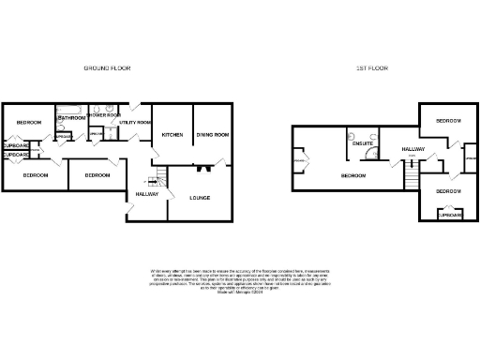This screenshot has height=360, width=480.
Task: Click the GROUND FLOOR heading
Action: pyautogui.click(x=108, y=68)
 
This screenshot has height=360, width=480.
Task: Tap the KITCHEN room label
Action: pyautogui.click(x=172, y=135)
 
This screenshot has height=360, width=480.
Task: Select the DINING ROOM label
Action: pyautogui.click(x=213, y=135)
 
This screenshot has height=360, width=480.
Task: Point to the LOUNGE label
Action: pyautogui.click(x=199, y=198)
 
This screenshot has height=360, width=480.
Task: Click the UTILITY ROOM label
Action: pyautogui.click(x=129, y=123)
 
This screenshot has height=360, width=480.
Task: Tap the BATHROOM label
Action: pyautogui.click(x=72, y=118)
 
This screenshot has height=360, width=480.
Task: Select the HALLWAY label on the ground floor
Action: pyautogui.click(x=146, y=193)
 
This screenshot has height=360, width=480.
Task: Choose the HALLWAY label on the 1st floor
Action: pyautogui.click(x=413, y=149)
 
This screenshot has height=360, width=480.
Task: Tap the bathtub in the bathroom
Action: pyautogui.click(x=72, y=111)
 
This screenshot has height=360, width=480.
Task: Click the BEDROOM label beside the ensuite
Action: pyautogui.click(x=353, y=175)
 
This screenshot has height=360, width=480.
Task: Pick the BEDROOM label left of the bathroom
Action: pyautogui.click(x=28, y=123)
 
